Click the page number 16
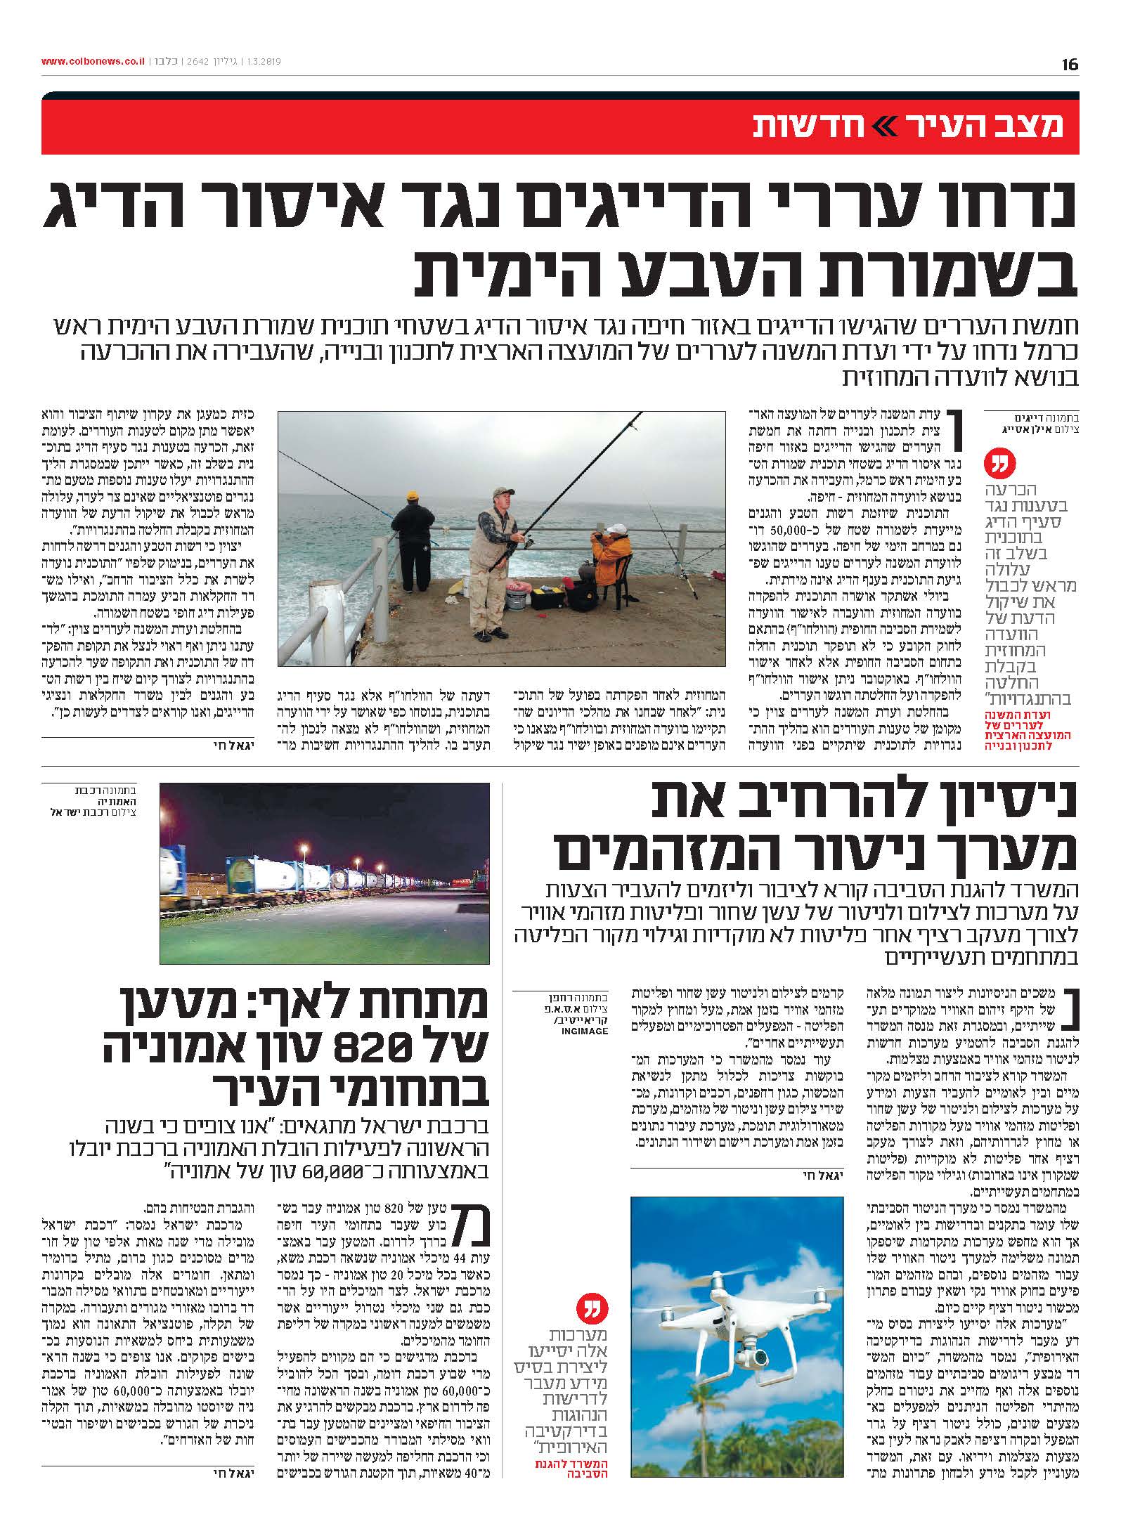tap(1070, 65)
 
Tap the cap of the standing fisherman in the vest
tap(500, 491)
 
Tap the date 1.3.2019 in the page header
tap(263, 61)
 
